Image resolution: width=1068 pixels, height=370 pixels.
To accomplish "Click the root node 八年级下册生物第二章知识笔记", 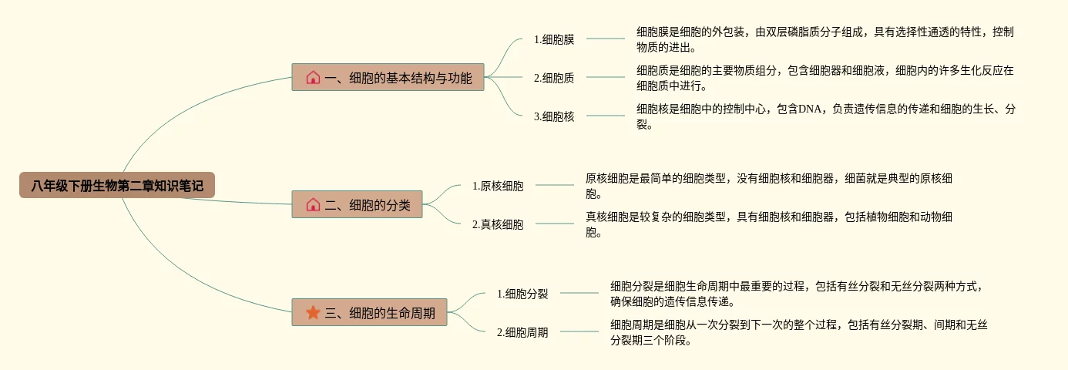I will coord(117,185).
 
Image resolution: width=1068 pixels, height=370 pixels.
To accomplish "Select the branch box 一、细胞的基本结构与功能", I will coord(388,77).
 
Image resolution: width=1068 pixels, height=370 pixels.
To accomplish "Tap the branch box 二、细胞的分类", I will coord(357,204).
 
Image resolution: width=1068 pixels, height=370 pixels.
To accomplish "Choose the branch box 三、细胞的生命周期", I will coord(369,312).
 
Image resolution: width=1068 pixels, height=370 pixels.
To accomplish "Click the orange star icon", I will coord(313,312).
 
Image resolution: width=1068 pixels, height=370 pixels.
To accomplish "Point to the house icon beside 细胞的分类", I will coord(313,204).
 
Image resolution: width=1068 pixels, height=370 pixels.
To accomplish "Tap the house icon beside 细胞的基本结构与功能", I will coord(313,77).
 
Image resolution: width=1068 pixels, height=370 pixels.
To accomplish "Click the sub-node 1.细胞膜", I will coord(554,39).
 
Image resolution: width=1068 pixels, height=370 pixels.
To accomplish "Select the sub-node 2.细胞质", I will coord(554,77).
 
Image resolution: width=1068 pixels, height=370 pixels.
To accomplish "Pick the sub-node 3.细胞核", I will coord(554,116).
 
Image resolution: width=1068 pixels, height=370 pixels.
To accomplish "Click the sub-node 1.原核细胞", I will coord(498,186).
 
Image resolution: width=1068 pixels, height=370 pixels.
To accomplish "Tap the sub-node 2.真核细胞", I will coord(498,224).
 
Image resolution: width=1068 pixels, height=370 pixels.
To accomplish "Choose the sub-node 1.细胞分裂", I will coord(522,293).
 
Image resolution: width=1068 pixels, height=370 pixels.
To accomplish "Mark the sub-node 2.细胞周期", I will coord(522,332).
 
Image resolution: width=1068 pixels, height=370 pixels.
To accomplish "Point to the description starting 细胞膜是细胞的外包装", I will coord(825,39).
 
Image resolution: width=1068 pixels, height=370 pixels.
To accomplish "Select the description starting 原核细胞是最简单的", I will coord(768,186).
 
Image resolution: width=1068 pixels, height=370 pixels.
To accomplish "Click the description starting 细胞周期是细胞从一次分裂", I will coord(799,332).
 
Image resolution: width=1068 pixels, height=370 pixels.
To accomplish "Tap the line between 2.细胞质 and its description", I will coord(605,77).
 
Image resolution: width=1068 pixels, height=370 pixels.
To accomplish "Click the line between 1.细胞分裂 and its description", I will coord(579,293).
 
